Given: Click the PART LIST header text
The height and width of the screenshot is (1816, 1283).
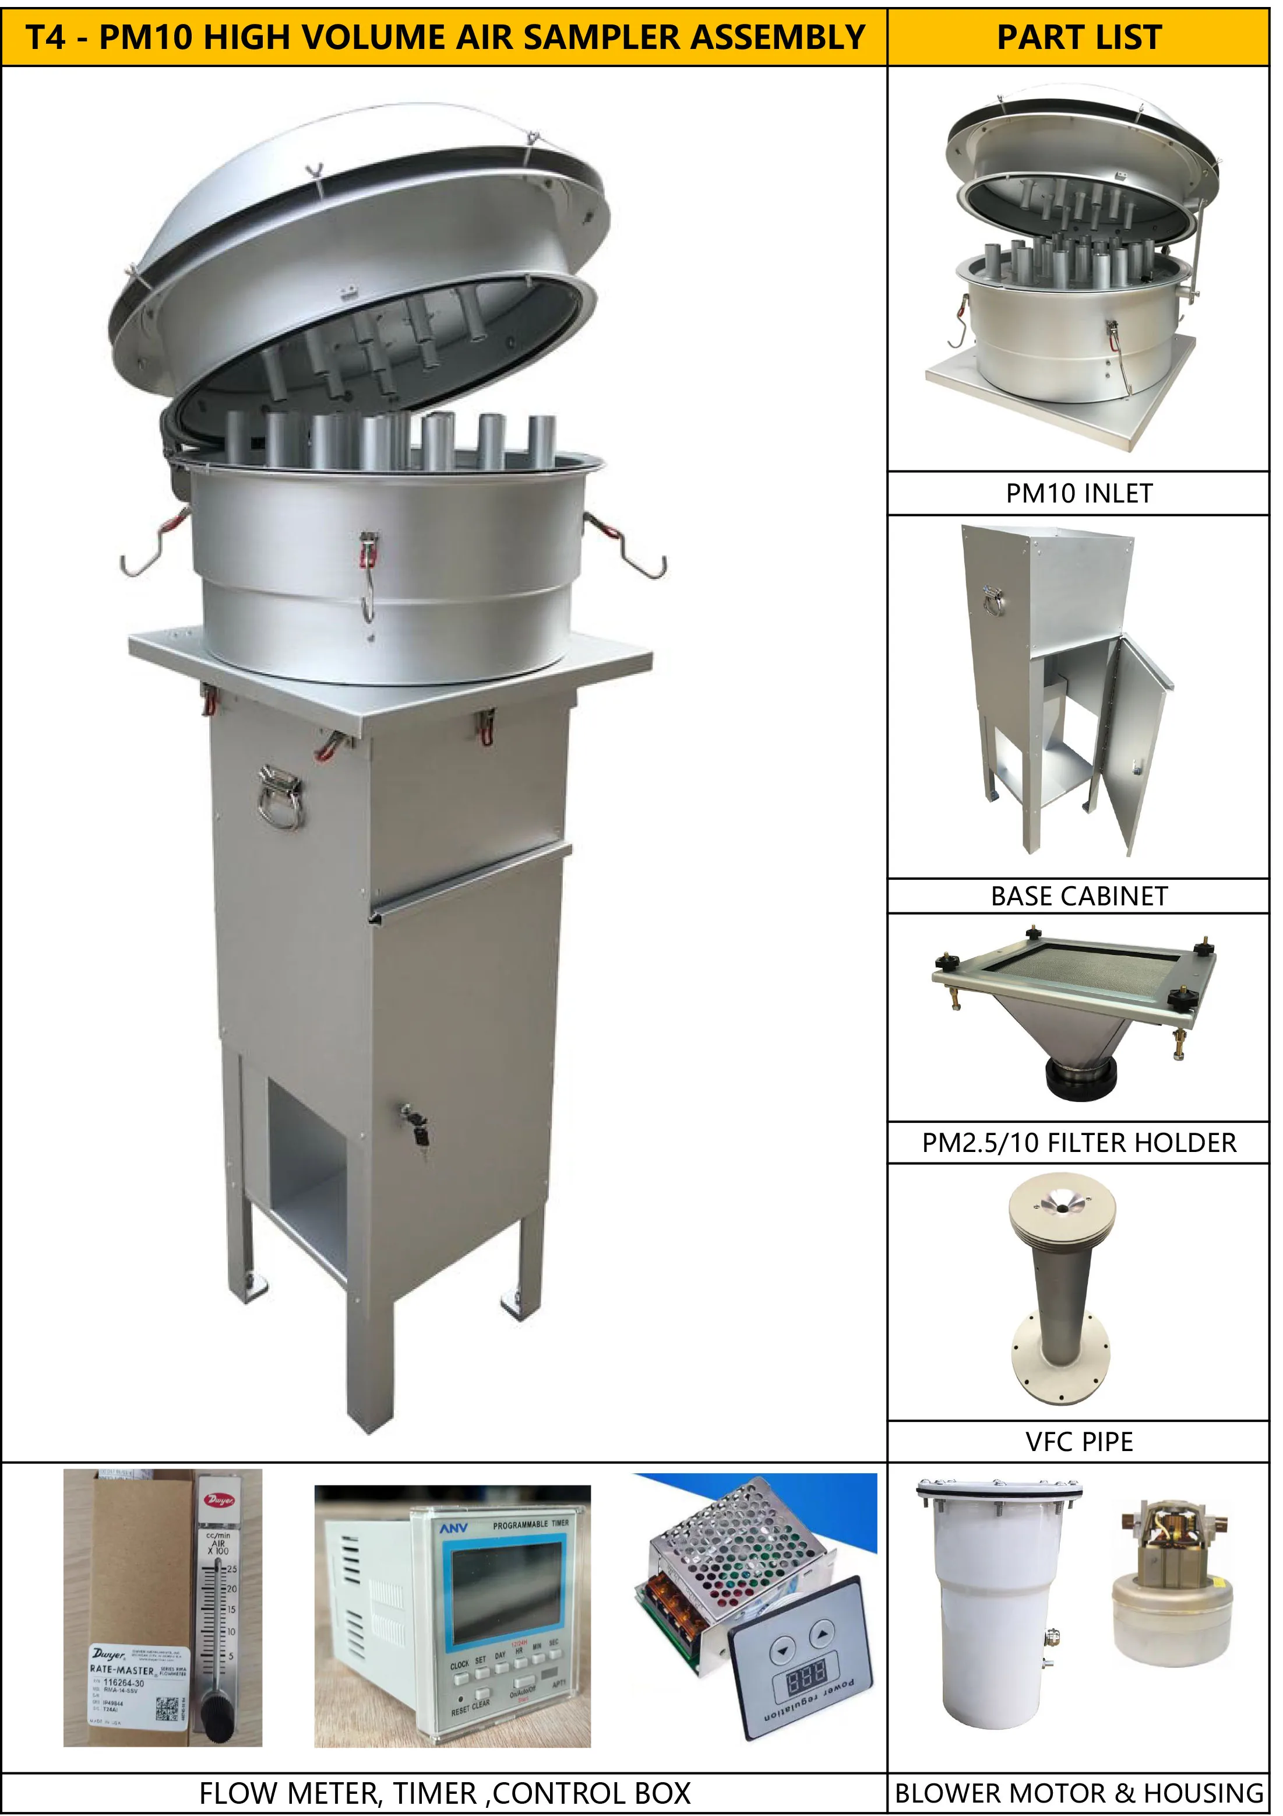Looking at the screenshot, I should (x=1078, y=37).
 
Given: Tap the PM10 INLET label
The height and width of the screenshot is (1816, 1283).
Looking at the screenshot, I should (x=1078, y=494).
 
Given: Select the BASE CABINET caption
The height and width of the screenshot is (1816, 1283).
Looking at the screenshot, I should (x=1078, y=896).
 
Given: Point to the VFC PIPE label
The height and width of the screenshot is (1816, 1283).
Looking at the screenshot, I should (x=1078, y=1441).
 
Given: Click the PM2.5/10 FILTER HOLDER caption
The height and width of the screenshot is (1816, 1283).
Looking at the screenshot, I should (x=1078, y=1143).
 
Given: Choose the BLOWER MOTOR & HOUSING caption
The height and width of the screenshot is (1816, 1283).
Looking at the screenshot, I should (x=1078, y=1792).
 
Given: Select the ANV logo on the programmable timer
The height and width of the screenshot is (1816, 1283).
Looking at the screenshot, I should (x=454, y=1528).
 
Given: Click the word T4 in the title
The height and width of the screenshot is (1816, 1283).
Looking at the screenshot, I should (x=47, y=37).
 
